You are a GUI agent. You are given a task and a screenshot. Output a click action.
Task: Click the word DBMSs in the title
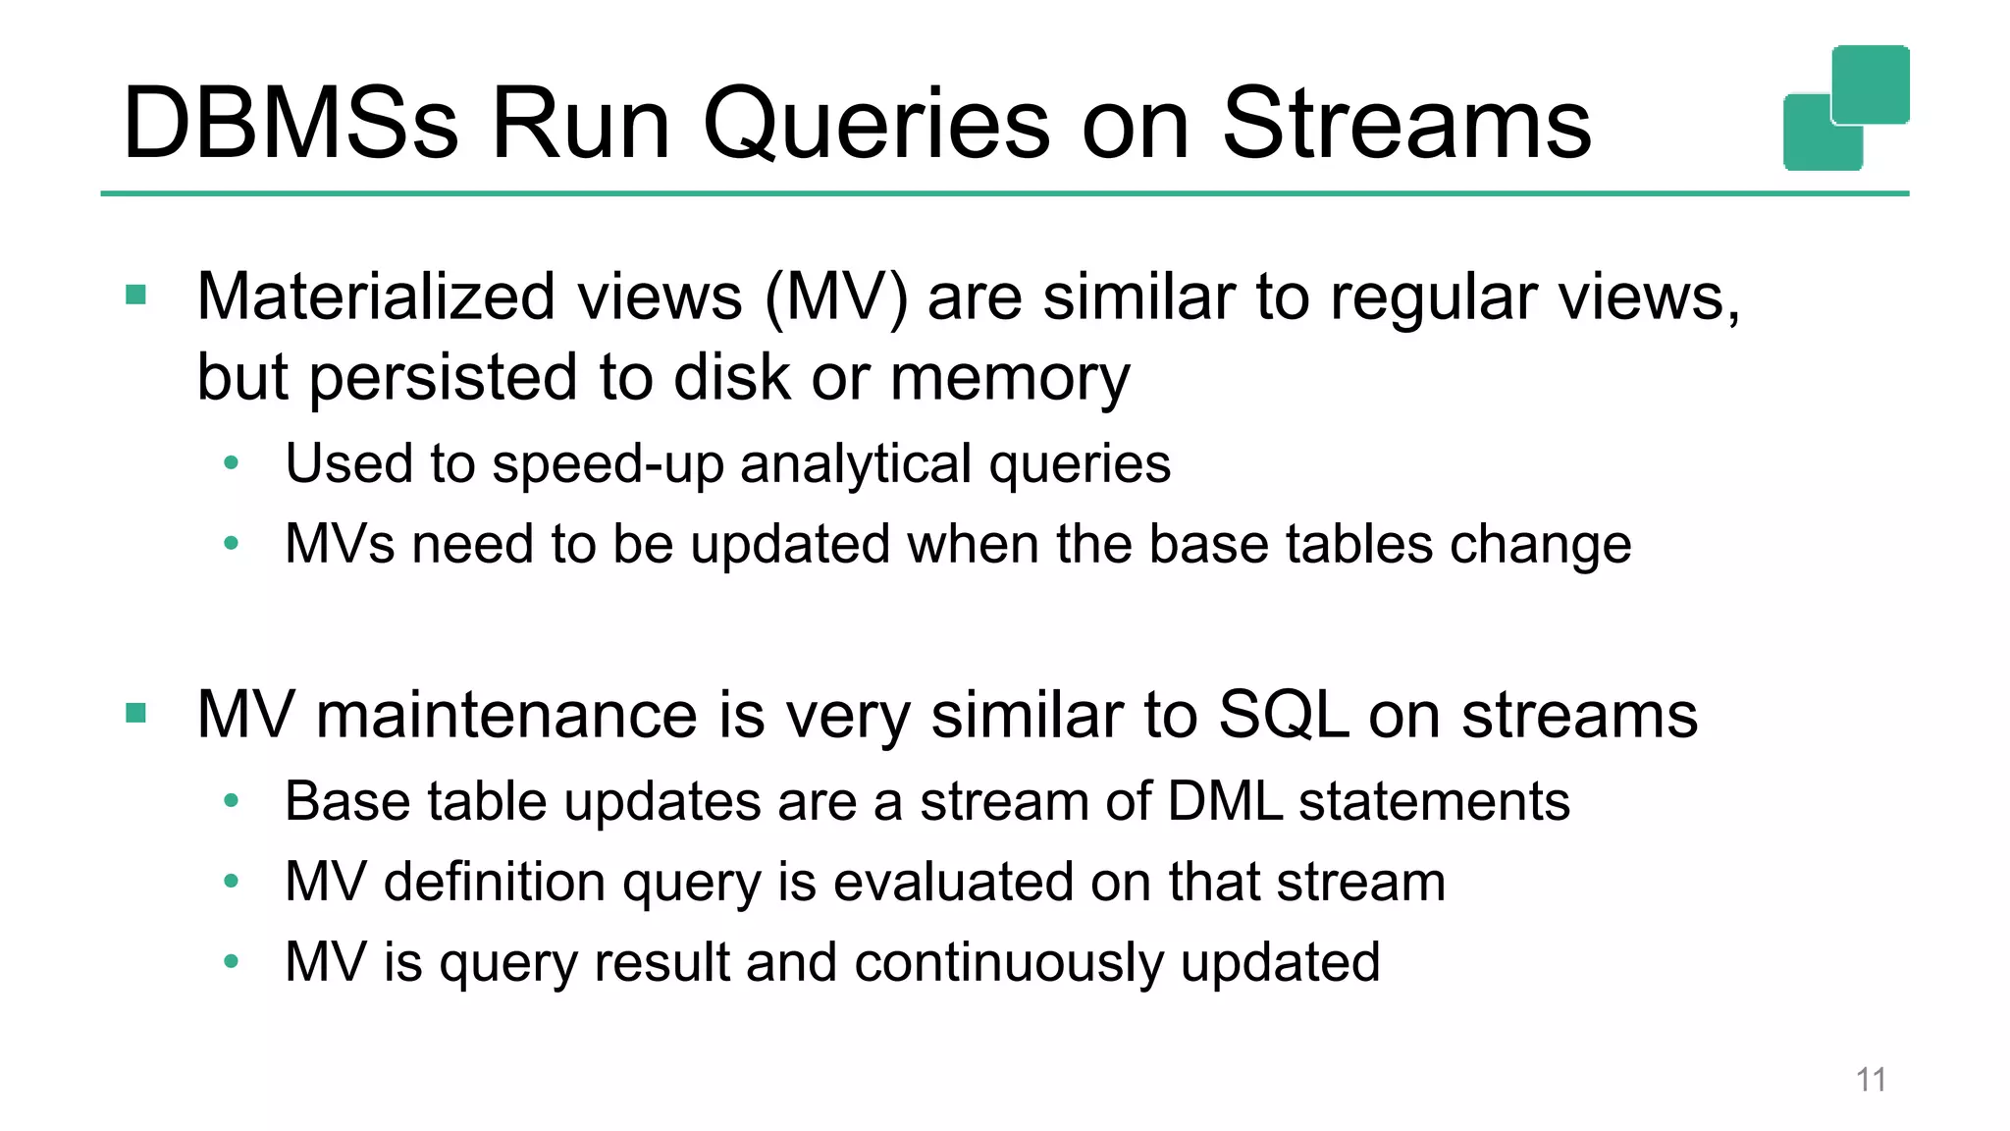(x=291, y=124)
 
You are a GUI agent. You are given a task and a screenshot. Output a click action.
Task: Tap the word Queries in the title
(x=874, y=124)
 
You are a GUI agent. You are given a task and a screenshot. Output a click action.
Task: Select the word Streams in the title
(x=1405, y=124)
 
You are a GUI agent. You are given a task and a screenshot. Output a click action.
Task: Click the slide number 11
(x=1871, y=1080)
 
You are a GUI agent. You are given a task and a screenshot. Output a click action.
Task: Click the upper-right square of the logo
(x=1871, y=83)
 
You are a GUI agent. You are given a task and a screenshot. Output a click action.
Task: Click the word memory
(x=1010, y=379)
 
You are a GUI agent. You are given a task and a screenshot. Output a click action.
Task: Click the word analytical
(x=856, y=463)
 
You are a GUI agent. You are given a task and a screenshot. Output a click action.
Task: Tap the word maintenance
(x=506, y=715)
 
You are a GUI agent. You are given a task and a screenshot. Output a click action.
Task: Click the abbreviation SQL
(x=1283, y=715)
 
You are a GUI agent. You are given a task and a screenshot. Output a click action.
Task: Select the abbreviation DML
(x=1224, y=801)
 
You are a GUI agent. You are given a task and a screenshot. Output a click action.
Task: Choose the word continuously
(x=1009, y=962)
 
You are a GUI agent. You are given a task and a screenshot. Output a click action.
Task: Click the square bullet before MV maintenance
(x=136, y=714)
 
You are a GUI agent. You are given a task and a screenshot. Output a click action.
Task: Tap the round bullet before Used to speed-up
(x=232, y=462)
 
